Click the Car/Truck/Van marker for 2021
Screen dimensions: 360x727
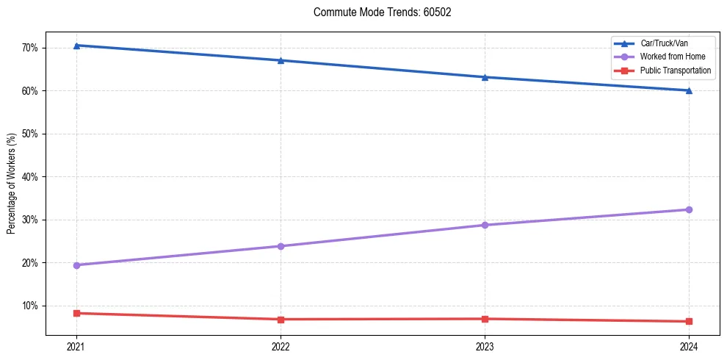point(76,46)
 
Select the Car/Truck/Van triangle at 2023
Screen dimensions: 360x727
point(485,77)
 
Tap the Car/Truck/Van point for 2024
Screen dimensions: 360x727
point(689,90)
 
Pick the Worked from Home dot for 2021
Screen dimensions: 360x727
point(76,265)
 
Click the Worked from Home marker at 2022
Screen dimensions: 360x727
point(281,246)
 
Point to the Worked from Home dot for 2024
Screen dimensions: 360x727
point(689,210)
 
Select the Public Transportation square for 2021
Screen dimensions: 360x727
point(76,313)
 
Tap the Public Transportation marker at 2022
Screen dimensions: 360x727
point(281,320)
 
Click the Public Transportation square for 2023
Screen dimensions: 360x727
point(485,319)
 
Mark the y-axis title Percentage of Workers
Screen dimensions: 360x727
point(12,184)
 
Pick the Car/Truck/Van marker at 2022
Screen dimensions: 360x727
point(281,60)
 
